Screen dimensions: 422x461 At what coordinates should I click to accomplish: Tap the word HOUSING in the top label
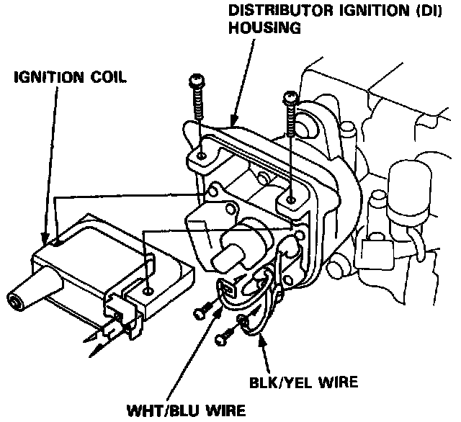[264, 30]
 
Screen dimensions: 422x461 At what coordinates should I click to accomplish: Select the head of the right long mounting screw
[290, 95]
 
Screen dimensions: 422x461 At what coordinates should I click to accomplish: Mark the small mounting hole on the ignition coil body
[148, 290]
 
